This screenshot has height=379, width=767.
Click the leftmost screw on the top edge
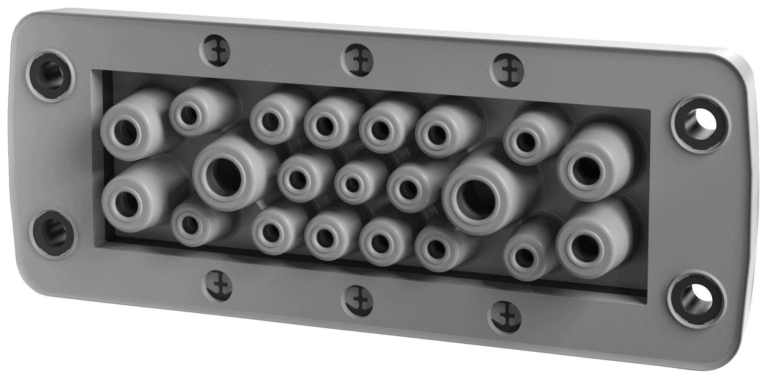215,54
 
